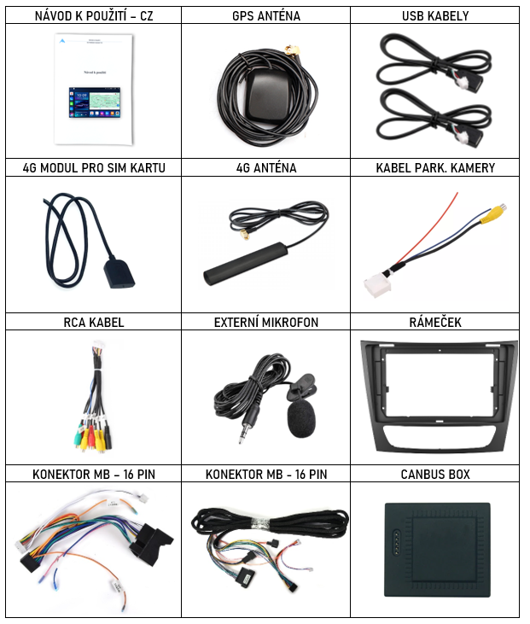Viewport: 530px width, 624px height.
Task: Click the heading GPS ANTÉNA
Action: [266, 16]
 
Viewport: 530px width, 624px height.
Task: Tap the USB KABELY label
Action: [435, 16]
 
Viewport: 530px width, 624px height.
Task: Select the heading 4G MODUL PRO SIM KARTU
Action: [94, 168]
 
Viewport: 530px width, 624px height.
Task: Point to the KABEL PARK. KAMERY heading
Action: [435, 168]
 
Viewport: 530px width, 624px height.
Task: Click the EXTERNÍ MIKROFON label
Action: [266, 323]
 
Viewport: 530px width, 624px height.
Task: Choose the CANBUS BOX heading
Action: [435, 475]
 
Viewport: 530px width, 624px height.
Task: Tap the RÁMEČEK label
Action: [435, 323]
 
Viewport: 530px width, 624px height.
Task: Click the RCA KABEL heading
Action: [94, 323]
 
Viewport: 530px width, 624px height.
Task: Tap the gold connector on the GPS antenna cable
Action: [293, 50]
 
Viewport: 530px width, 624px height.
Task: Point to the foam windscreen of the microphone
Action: [301, 418]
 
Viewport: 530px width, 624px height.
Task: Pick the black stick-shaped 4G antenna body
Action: [246, 264]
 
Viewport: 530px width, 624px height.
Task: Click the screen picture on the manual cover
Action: [94, 102]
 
